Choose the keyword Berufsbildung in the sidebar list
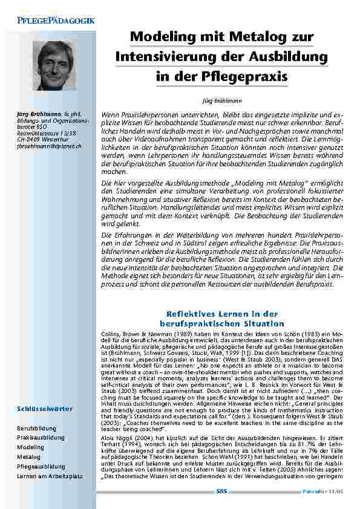[x=36, y=427]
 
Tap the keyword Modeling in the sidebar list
[x=31, y=447]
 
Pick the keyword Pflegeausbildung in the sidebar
[x=41, y=467]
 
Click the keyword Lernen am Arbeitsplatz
[x=49, y=477]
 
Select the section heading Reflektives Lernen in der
[x=221, y=314]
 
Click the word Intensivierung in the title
[x=165, y=57]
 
